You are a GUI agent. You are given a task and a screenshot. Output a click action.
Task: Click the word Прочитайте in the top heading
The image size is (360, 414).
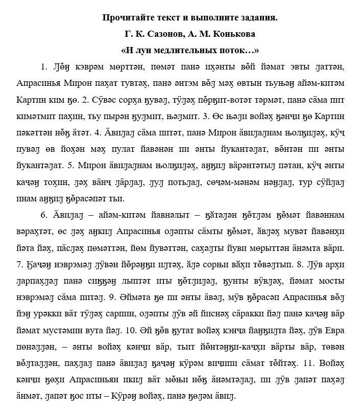(x=126, y=18)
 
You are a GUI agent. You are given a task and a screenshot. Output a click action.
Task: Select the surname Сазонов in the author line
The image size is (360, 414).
(x=163, y=34)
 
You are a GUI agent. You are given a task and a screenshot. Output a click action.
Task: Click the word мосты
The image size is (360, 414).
(x=331, y=295)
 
